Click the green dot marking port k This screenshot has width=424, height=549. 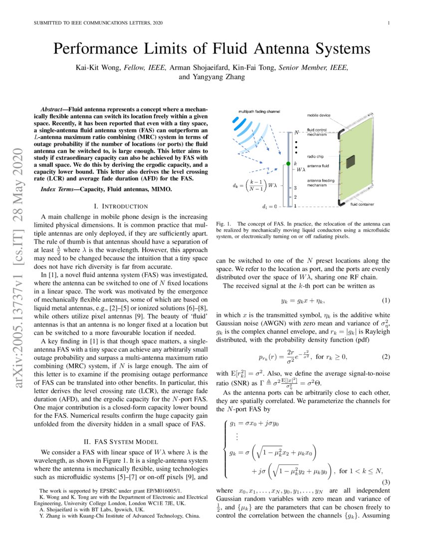tap(288, 164)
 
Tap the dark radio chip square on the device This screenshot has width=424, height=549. tap(352, 161)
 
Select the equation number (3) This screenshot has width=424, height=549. tap(386, 482)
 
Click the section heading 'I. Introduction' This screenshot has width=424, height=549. tap(121, 206)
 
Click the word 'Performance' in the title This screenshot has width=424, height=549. tap(100, 49)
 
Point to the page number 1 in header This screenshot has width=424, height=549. tap(388, 23)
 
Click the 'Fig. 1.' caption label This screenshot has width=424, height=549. tap(223, 224)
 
